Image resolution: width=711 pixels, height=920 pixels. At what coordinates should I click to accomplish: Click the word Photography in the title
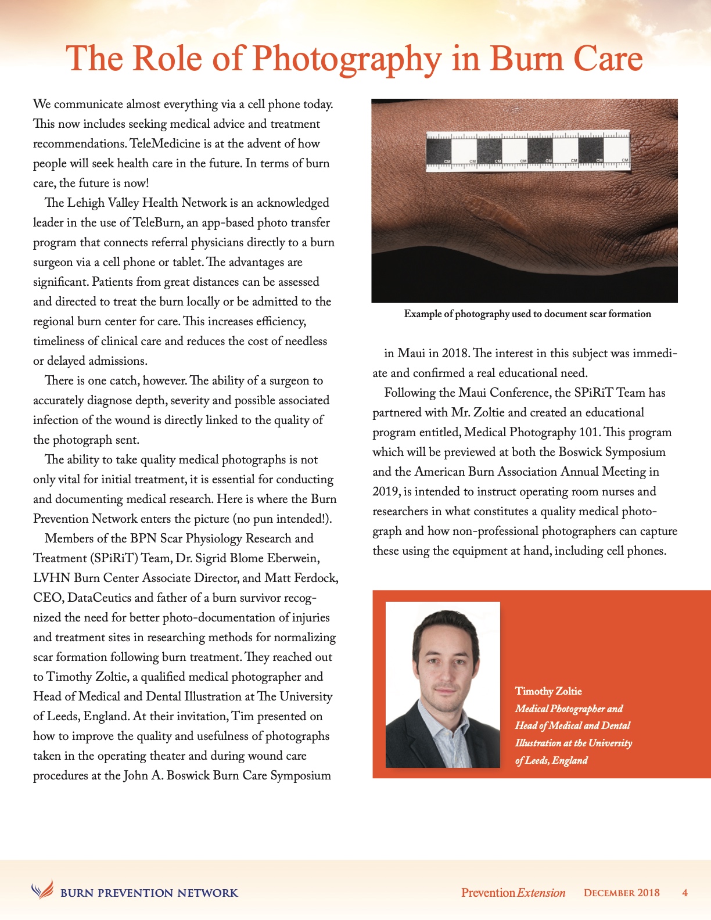click(346, 59)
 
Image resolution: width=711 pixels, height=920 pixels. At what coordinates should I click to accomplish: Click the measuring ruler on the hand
click(527, 152)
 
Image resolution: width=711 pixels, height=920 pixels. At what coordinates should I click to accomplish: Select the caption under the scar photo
click(527, 314)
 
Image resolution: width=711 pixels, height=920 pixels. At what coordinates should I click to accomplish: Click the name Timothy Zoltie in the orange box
click(548, 691)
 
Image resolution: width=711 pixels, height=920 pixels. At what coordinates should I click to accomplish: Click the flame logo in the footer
click(42, 889)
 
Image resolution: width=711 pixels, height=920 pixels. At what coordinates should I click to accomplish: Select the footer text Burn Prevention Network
click(149, 893)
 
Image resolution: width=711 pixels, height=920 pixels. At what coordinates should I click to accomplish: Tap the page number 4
click(685, 893)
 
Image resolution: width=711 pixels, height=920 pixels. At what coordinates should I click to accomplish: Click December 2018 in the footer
click(622, 893)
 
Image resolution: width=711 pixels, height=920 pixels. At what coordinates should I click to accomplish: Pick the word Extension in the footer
click(541, 893)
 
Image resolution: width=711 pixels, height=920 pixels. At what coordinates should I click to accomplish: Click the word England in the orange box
click(569, 760)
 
